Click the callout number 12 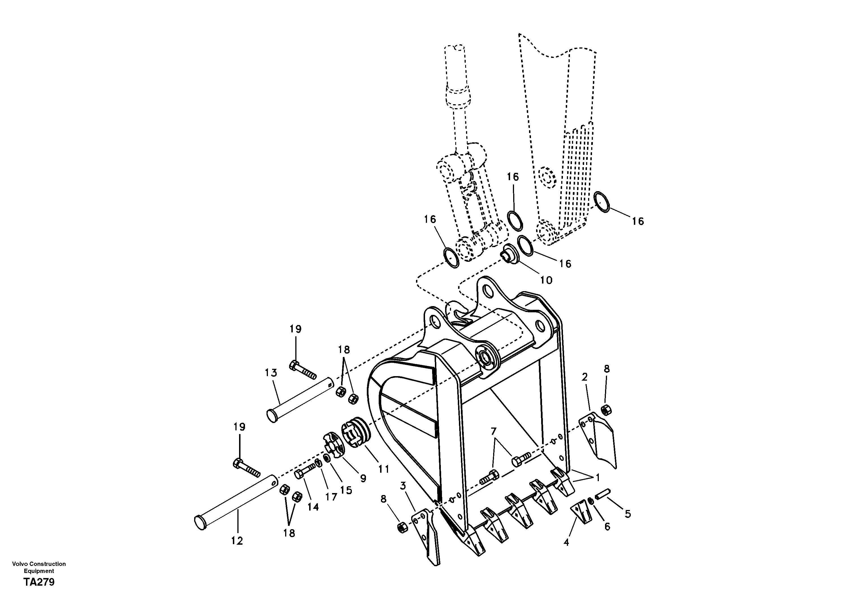(237, 541)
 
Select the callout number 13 (271, 373)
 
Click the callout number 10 (546, 280)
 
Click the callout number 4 (566, 542)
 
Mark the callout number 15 (346, 490)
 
